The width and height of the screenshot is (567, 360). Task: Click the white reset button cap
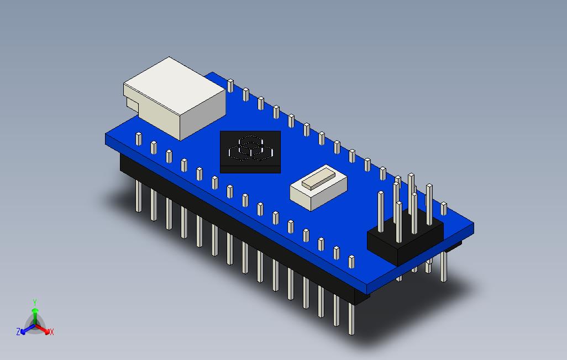pos(316,179)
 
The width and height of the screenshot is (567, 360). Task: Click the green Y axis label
pos(34,302)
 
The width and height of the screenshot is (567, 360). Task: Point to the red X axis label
pos(51,332)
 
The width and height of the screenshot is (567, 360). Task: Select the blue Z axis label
pos(18,332)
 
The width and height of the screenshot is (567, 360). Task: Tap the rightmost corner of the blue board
pos(474,225)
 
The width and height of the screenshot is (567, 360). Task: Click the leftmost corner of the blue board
pos(106,135)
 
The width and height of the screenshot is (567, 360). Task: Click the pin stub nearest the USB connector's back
pos(230,85)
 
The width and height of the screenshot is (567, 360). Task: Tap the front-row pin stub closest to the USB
pos(138,138)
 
